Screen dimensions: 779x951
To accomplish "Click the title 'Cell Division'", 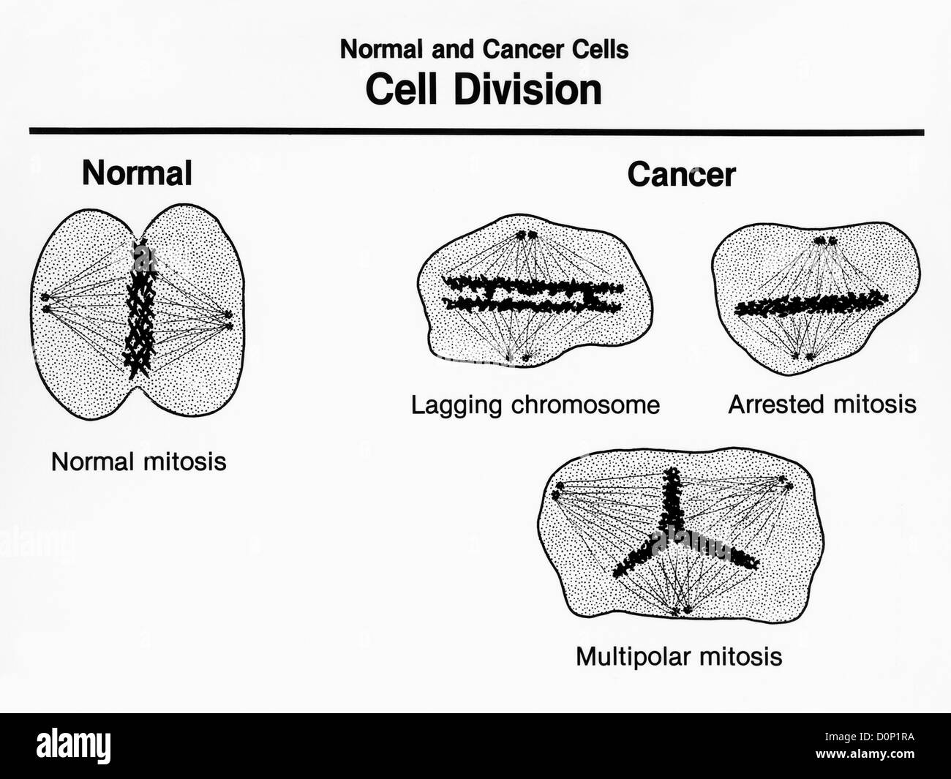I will pos(484,90).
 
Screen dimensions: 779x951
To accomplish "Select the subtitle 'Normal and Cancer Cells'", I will pos(484,50).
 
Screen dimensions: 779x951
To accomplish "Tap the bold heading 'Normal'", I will pos(138,174).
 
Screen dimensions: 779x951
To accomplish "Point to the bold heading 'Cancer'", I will pos(681,176).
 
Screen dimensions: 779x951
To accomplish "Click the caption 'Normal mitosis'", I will pos(138,462).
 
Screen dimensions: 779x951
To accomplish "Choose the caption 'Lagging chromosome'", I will pos(535,404).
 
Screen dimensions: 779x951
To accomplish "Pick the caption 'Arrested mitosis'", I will pos(822,404).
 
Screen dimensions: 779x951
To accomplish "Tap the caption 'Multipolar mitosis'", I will pos(679,656).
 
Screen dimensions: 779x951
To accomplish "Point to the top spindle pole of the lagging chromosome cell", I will pos(527,236).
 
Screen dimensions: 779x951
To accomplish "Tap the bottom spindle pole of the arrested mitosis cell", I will pos(803,356).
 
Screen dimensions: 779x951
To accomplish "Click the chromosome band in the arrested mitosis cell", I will pos(811,304).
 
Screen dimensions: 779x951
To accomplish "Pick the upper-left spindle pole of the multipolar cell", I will pos(559,490).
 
